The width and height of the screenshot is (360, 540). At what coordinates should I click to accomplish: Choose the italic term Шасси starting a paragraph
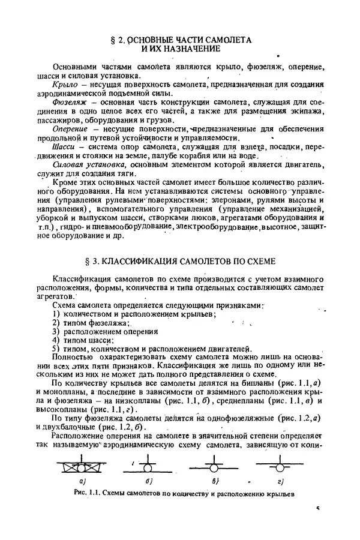pos(64,146)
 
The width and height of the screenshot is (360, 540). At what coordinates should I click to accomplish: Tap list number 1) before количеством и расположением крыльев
pos(56,314)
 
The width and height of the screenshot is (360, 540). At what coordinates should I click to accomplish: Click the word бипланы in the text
pos(285,383)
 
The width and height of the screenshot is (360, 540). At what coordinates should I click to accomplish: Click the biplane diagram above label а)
pos(83,466)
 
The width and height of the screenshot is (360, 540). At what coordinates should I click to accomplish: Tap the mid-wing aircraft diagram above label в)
pos(212,466)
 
